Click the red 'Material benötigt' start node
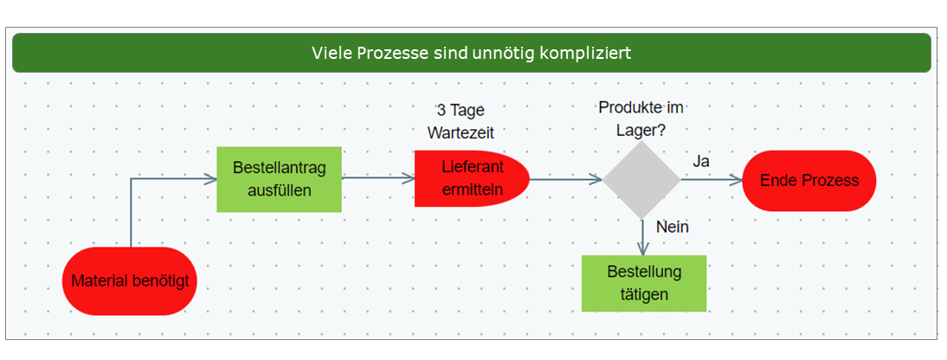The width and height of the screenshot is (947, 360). click(130, 281)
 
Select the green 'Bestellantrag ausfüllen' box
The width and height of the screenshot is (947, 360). click(279, 179)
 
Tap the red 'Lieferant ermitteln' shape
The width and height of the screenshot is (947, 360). click(471, 178)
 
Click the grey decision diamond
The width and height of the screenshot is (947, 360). click(641, 180)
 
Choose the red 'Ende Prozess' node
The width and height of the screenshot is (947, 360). click(808, 180)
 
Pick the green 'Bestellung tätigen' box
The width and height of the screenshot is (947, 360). click(644, 283)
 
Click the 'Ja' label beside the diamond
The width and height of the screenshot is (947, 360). click(701, 162)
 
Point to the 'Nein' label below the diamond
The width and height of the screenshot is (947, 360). click(672, 228)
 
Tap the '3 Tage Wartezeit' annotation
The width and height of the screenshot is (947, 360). click(461, 122)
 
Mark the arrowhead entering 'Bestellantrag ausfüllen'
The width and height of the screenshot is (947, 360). click(209, 179)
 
